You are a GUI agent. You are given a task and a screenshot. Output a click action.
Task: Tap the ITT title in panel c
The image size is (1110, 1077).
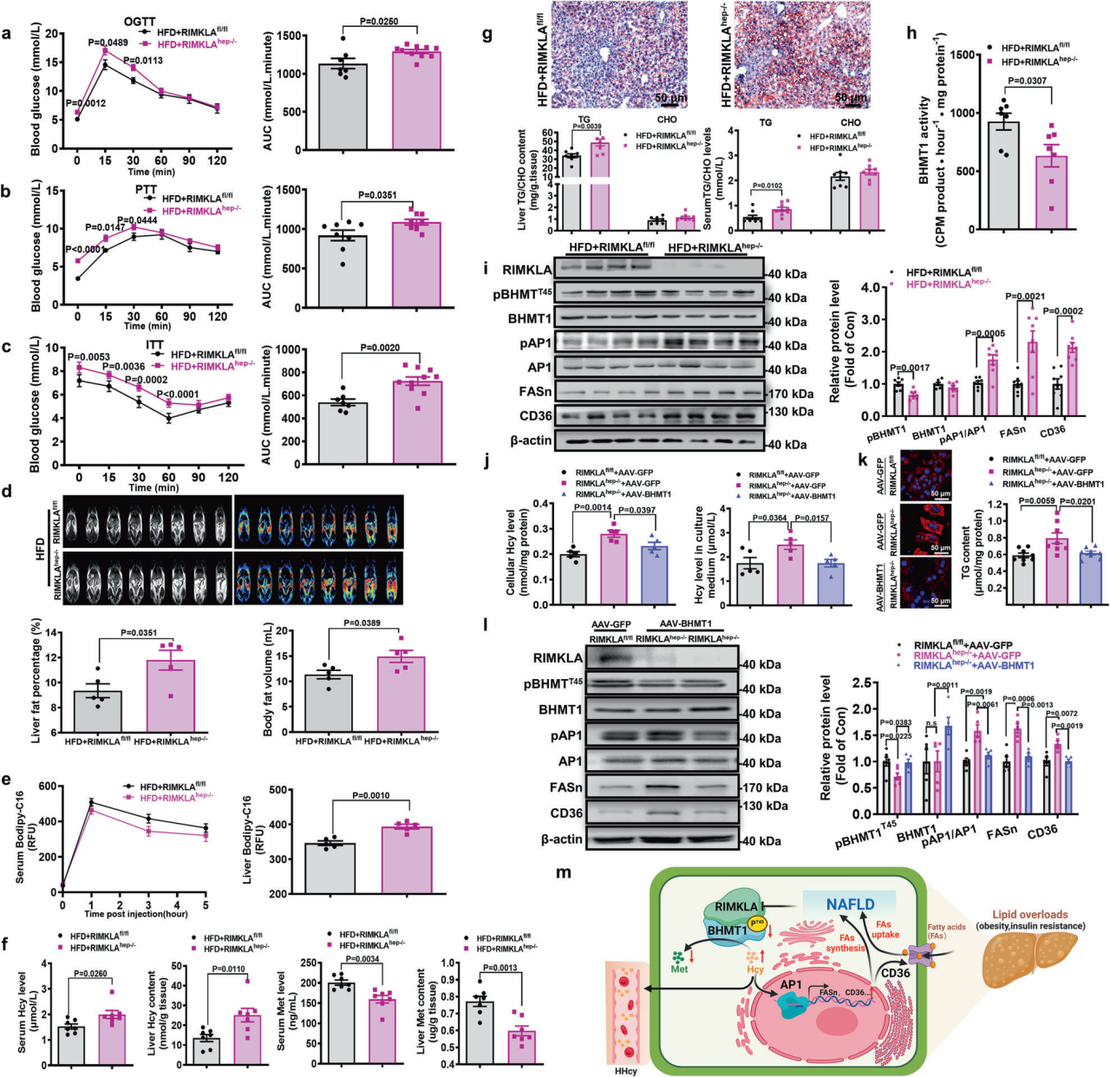[155, 344]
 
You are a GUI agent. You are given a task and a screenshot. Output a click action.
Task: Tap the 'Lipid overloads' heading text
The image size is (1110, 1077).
[1031, 914]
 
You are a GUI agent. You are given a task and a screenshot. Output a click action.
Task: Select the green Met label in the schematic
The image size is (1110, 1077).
[680, 968]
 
